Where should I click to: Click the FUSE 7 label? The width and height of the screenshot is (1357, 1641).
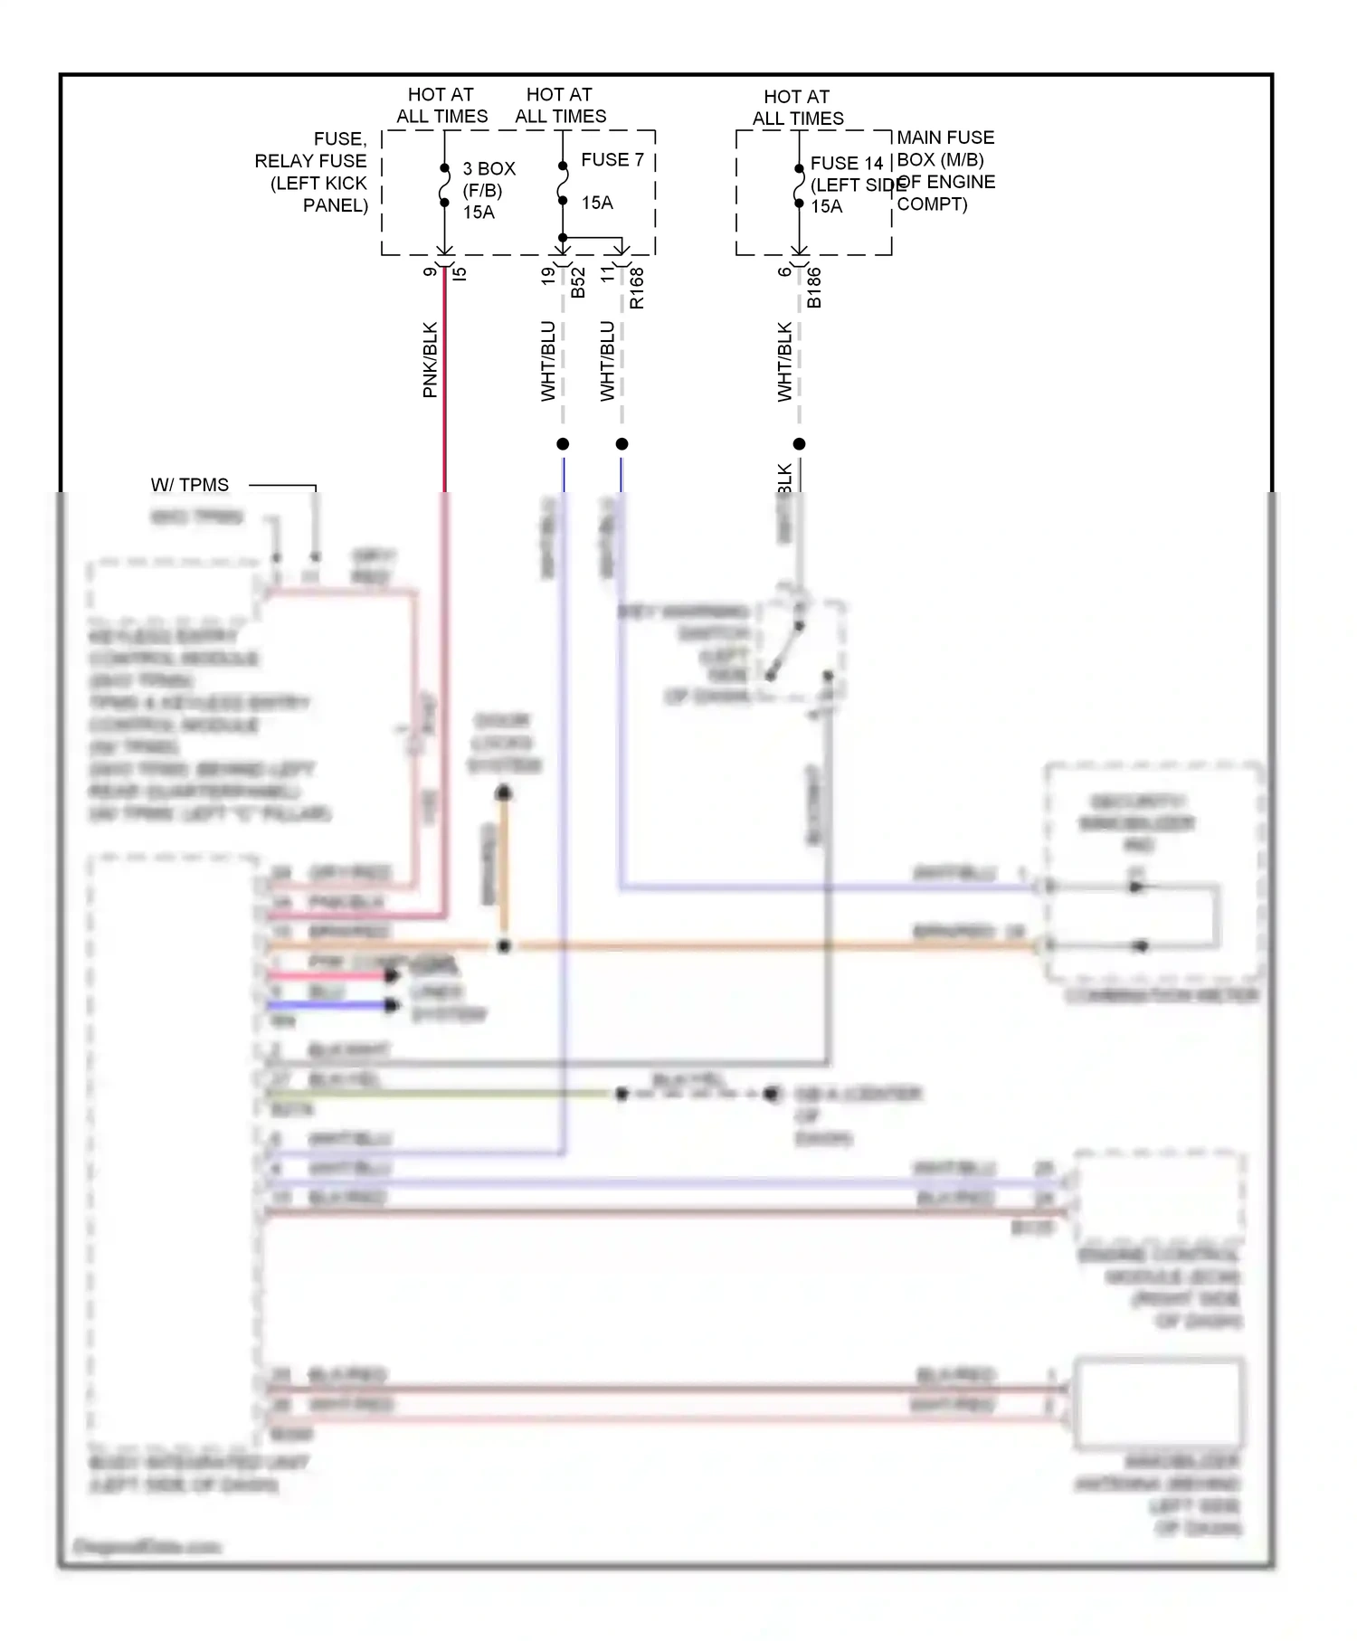coord(612,160)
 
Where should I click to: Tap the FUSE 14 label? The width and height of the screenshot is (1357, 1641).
coord(846,164)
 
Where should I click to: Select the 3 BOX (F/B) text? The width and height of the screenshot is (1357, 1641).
coord(489,179)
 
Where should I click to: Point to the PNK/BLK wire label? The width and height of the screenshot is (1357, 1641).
coord(431,360)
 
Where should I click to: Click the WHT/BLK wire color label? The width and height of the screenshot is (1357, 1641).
coord(784,362)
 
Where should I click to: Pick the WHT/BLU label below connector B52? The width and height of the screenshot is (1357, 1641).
coord(548,361)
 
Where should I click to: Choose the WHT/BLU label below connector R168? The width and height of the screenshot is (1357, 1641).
coord(607,361)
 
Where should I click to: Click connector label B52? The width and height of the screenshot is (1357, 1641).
coord(578,282)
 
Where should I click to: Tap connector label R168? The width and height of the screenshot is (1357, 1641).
coord(637,288)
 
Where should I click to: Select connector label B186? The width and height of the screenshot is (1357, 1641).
coord(814,288)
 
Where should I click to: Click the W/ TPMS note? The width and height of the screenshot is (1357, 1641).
coord(190,485)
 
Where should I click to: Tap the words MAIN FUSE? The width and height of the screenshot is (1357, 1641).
coord(945,138)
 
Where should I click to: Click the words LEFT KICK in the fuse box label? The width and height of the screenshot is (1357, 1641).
coord(318,183)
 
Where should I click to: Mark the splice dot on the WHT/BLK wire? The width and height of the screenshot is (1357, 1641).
coord(799,444)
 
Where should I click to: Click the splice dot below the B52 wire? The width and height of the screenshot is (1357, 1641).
coord(563,444)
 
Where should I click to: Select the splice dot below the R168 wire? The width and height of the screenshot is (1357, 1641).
coord(622,444)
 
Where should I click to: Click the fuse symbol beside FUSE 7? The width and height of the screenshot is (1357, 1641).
coord(563,184)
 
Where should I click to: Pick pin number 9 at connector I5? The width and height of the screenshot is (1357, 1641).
coord(431,271)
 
